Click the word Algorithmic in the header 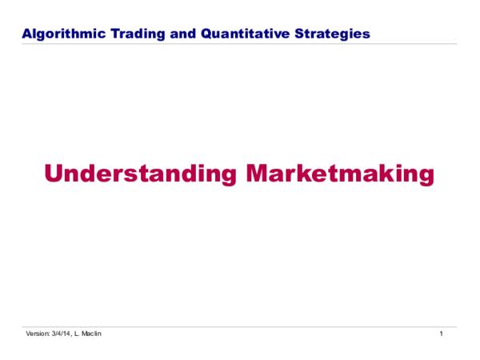pos(57,34)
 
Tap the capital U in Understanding pos(53,174)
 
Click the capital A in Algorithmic pos(26,34)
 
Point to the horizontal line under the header pos(240,44)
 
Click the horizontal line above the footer pos(240,326)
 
